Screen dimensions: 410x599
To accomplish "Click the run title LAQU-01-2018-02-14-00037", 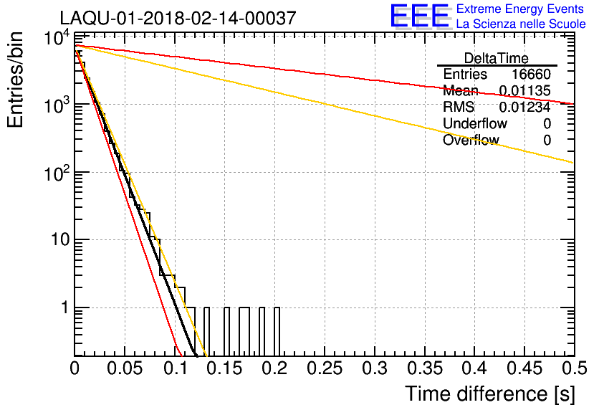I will pyautogui.click(x=177, y=19).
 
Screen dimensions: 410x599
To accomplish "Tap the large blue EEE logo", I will pyautogui.click(x=419, y=16).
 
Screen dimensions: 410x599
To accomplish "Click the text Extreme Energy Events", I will pyautogui.click(x=521, y=9).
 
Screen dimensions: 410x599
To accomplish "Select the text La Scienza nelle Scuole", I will pyautogui.click(x=521, y=24).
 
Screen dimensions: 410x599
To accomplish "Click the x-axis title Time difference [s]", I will pyautogui.click(x=489, y=394).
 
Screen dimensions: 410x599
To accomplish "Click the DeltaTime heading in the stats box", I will pyautogui.click(x=497, y=58).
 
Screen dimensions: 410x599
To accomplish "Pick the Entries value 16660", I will pyautogui.click(x=531, y=75).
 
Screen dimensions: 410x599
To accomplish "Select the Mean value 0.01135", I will pyautogui.click(x=524, y=91).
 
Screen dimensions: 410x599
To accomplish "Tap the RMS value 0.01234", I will pyautogui.click(x=524, y=108).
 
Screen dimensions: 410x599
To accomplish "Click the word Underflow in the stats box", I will pyautogui.click(x=475, y=124).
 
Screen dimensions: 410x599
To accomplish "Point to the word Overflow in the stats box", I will pyautogui.click(x=471, y=140).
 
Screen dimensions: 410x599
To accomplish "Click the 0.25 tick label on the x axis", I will pyautogui.click(x=323, y=368).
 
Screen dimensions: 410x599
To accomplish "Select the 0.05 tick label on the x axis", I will pyautogui.click(x=124, y=368).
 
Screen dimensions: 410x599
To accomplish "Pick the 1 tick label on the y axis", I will pyautogui.click(x=64, y=307).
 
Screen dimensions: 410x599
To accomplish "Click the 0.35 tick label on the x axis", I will pyautogui.click(x=423, y=368).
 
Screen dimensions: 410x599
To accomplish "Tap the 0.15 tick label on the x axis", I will pyautogui.click(x=224, y=368).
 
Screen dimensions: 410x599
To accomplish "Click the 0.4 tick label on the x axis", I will pyautogui.click(x=473, y=368).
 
